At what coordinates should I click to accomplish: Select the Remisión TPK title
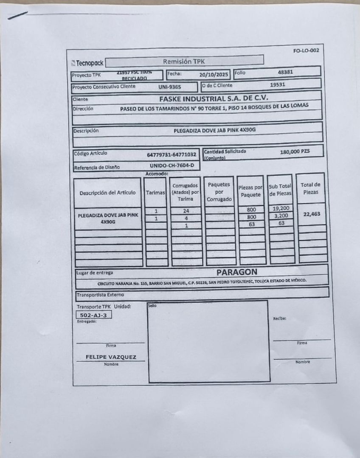coord(183,61)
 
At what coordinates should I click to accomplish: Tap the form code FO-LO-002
coord(306,51)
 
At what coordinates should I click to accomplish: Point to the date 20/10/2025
coord(214,75)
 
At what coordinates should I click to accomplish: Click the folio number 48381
coord(285,72)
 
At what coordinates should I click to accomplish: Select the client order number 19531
coord(278,84)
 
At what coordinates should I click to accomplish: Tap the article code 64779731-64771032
coord(172,155)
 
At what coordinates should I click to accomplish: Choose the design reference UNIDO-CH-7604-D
coord(172,165)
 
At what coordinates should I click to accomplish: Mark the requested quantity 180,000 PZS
coord(295,151)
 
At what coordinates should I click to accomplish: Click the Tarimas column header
coord(156,193)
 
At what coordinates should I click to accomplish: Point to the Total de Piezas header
coord(310,188)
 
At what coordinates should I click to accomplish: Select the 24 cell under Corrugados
coord(186,211)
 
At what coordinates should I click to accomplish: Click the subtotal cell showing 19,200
coord(281,208)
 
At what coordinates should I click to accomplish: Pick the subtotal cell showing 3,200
coord(281,216)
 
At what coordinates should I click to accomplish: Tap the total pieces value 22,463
coord(312,214)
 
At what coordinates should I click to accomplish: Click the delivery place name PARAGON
coord(237,272)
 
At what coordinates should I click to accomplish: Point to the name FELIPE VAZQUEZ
coord(111,357)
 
